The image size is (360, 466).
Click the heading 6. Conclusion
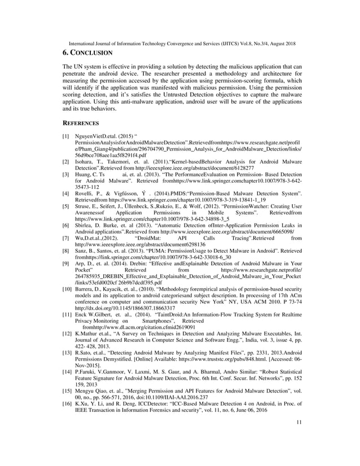(x=87, y=52)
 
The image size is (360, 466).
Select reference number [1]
(x=66, y=137)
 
